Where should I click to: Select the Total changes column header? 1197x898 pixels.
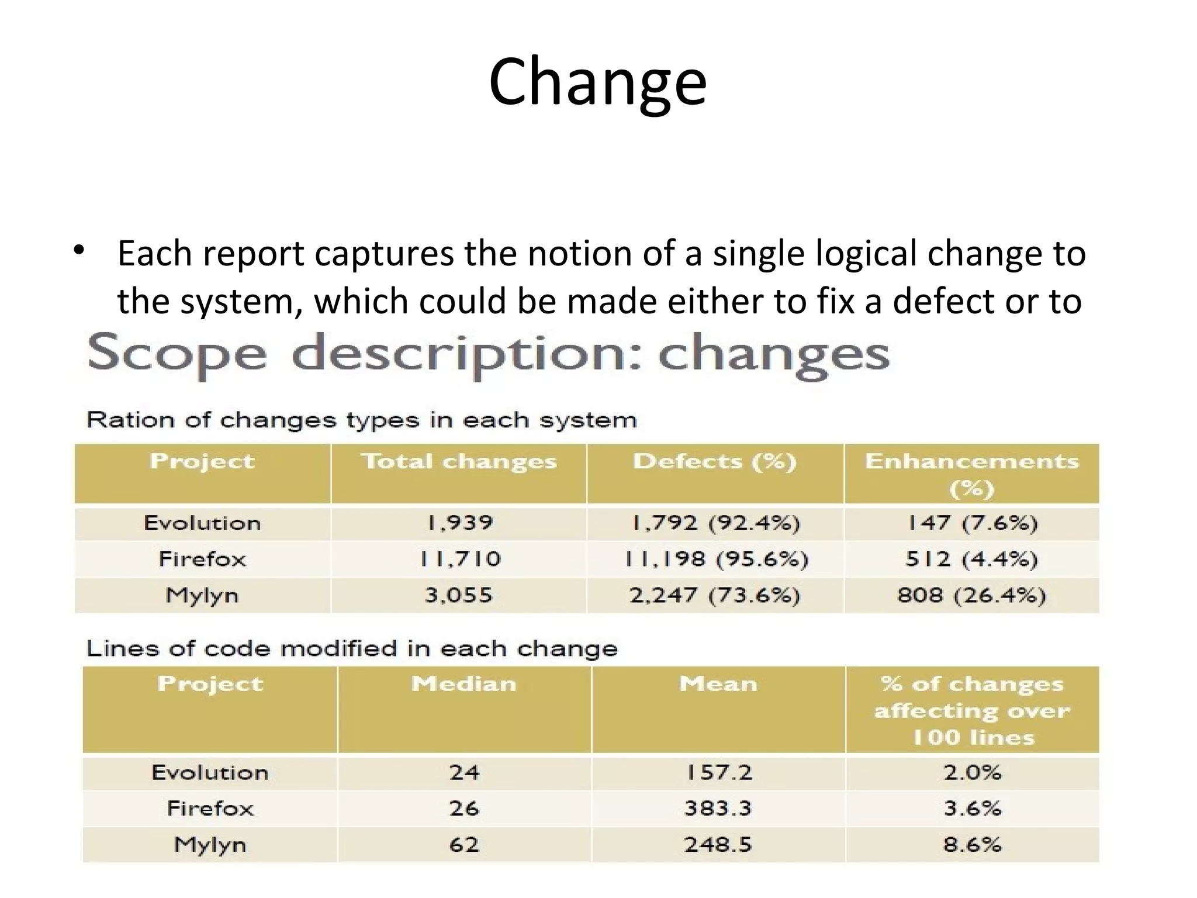pyautogui.click(x=459, y=462)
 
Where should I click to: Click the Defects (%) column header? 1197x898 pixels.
pyautogui.click(x=715, y=462)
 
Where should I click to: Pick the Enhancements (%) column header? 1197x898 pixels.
pyautogui.click(x=971, y=474)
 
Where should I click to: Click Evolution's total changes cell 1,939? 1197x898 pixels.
pyautogui.click(x=459, y=523)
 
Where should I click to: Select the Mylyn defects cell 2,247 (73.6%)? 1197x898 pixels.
pyautogui.click(x=714, y=595)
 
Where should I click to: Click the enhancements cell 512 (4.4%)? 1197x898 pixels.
pyautogui.click(x=971, y=559)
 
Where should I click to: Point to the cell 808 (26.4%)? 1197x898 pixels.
pyautogui.click(x=971, y=595)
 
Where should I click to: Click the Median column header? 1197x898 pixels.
pyautogui.click(x=464, y=684)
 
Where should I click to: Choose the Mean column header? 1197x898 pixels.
pyautogui.click(x=718, y=684)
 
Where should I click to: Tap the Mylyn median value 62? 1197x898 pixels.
pyautogui.click(x=464, y=844)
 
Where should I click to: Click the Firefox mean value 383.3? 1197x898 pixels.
pyautogui.click(x=718, y=809)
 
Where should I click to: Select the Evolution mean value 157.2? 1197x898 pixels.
pyautogui.click(x=718, y=772)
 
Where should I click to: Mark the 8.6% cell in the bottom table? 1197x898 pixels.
pyautogui.click(x=972, y=844)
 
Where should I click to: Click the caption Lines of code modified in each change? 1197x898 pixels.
pyautogui.click(x=352, y=648)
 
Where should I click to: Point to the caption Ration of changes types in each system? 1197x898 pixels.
pyautogui.click(x=361, y=420)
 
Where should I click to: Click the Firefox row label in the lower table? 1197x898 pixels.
pyautogui.click(x=210, y=809)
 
